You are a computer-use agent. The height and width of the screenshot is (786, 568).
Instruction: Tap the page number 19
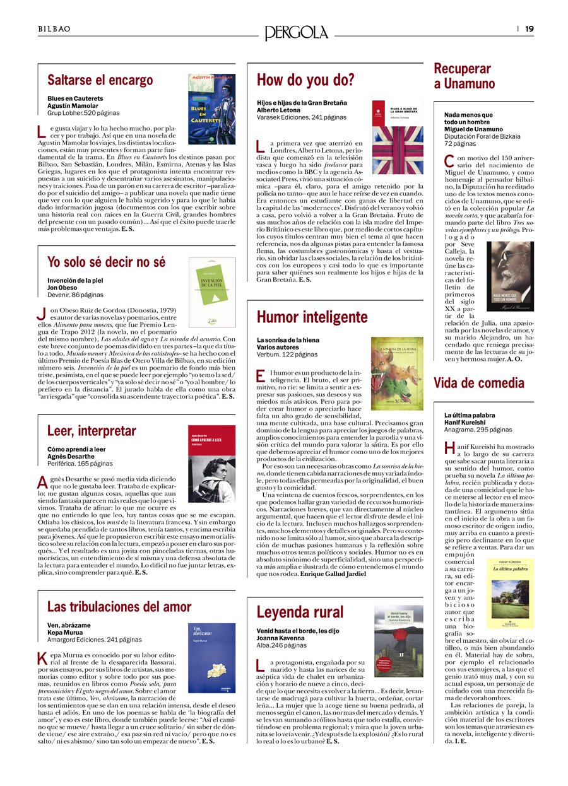(529, 28)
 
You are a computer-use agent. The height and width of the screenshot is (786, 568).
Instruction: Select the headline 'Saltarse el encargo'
(100, 80)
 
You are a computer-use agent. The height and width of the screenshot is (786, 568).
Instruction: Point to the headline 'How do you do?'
(305, 80)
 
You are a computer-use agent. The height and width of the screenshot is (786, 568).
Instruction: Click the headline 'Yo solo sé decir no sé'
(106, 262)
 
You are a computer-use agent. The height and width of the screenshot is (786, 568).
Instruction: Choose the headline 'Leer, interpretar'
(92, 431)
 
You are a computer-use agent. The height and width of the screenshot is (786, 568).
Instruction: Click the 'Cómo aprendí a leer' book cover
(212, 464)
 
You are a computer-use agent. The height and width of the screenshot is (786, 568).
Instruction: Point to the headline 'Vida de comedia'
(479, 383)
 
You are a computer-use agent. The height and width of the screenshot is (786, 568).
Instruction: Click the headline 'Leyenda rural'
(300, 612)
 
